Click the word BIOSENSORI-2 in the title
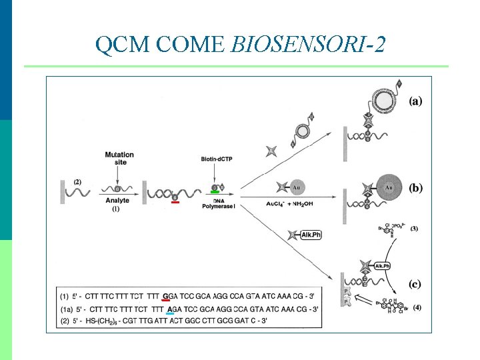coord(308,45)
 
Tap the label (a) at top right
coord(415,101)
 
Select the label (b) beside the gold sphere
coord(415,188)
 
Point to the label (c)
coord(415,284)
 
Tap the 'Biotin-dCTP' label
coord(216,159)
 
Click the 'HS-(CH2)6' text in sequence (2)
coord(121,321)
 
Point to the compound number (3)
coord(414,229)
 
